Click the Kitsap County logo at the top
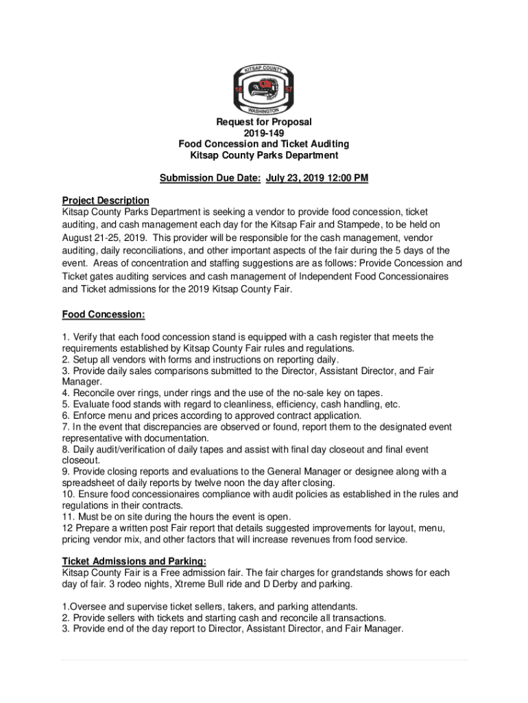pos(264,90)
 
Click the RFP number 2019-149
pos(264,133)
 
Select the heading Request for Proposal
pos(264,122)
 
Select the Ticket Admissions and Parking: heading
pos(124,561)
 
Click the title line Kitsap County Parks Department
pos(264,155)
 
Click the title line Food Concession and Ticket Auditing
pos(264,144)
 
